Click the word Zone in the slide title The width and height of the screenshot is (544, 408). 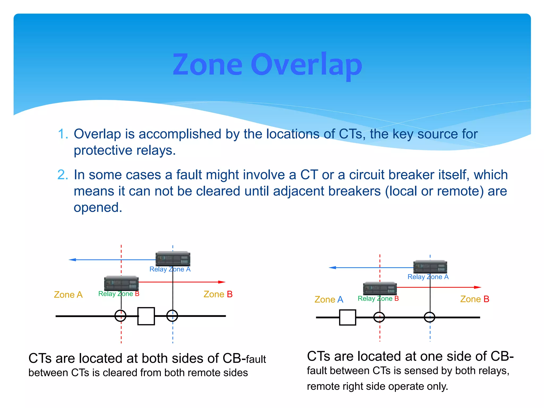[x=207, y=65]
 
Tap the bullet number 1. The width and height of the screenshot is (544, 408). [x=63, y=134]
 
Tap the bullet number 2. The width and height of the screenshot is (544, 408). [x=63, y=175]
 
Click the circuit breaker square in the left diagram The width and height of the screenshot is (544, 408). [x=146, y=316]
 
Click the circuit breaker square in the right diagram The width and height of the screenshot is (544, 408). [x=347, y=317]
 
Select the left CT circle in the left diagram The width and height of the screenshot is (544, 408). [x=120, y=316]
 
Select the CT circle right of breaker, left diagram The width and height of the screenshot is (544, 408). [x=172, y=316]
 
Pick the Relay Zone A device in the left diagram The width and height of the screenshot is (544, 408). [x=173, y=259]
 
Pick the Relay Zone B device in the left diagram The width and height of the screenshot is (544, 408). [x=121, y=283]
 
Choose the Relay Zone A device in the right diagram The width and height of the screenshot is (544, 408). [x=430, y=267]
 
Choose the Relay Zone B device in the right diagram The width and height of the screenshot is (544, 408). [x=380, y=288]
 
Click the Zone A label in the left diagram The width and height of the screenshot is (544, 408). [x=68, y=295]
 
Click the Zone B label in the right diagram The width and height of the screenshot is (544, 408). [x=475, y=299]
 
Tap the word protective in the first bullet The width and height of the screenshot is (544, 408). [x=103, y=151]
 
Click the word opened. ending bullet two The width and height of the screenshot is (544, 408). [x=98, y=207]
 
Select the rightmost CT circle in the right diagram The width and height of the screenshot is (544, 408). [x=430, y=317]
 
